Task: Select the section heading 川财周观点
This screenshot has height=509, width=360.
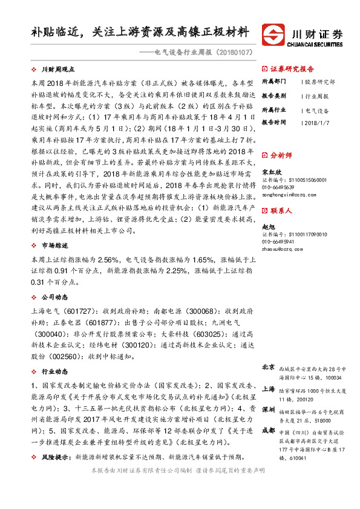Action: click(x=58, y=70)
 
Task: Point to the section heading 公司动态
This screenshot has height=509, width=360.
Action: click(x=53, y=298)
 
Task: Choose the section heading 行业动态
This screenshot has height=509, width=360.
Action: click(x=53, y=371)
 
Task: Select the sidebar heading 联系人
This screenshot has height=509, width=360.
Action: click(x=281, y=212)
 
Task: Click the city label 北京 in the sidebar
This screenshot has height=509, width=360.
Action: click(x=268, y=368)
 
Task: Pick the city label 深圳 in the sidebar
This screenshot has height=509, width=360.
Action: click(x=268, y=409)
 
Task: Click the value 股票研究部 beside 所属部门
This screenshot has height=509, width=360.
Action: click(x=319, y=82)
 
